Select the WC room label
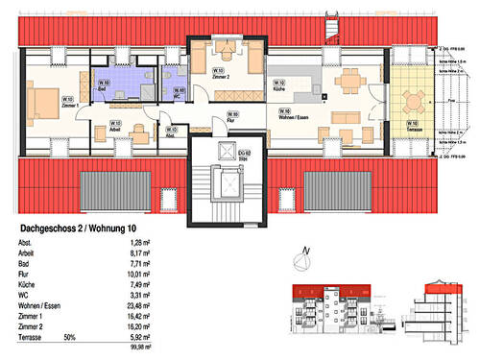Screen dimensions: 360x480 coord(179,93)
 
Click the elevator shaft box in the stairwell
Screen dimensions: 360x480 coord(229,180)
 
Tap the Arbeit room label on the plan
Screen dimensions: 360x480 coord(115,127)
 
